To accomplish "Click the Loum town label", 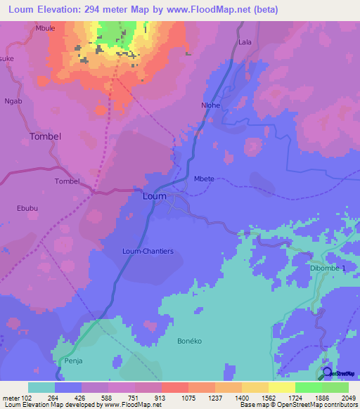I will [154, 196].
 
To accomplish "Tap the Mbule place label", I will [44, 29].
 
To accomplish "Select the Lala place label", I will [245, 42].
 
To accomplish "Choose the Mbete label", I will [204, 179].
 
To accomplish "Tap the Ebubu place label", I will [27, 208].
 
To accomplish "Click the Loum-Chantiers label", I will [148, 251].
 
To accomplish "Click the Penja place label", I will [74, 361].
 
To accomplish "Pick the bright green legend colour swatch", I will [308, 387].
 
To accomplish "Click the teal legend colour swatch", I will [41, 387].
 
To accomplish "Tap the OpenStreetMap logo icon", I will [327, 372].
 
